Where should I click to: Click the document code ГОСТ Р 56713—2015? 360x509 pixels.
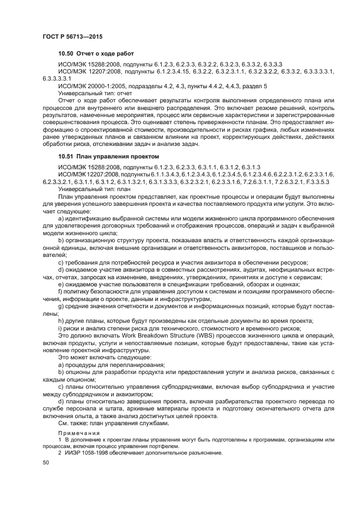pos(72,36)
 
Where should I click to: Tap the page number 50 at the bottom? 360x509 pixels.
pos(46,462)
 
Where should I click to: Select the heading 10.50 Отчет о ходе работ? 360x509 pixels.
pos(96,54)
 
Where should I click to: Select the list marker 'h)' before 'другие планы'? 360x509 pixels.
pos(60,320)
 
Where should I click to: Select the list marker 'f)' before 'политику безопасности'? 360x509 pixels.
pos(60,292)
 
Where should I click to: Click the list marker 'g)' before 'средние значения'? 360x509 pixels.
pos(60,306)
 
